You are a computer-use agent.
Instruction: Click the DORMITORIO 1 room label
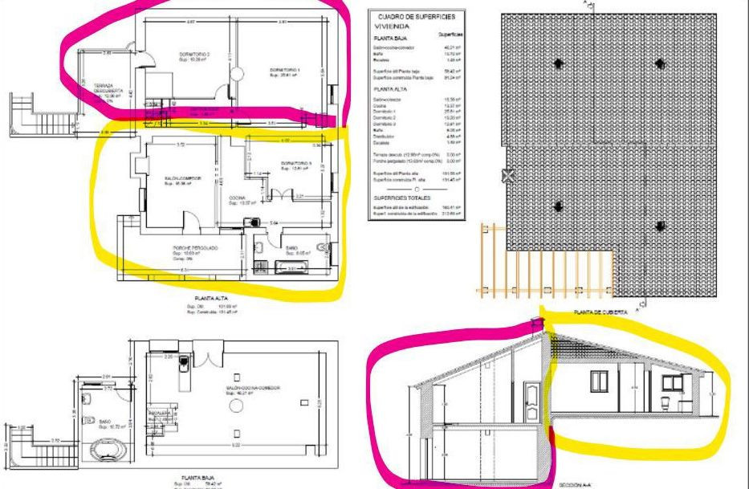point(285,70)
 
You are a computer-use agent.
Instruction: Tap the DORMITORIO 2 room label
point(194,55)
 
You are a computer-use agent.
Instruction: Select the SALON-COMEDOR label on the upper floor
point(161,178)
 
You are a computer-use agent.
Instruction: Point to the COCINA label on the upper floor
point(237,198)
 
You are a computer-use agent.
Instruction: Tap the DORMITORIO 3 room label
point(294,164)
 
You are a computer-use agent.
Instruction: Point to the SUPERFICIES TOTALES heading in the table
point(407,197)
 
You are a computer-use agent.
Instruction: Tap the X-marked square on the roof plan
point(507,177)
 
